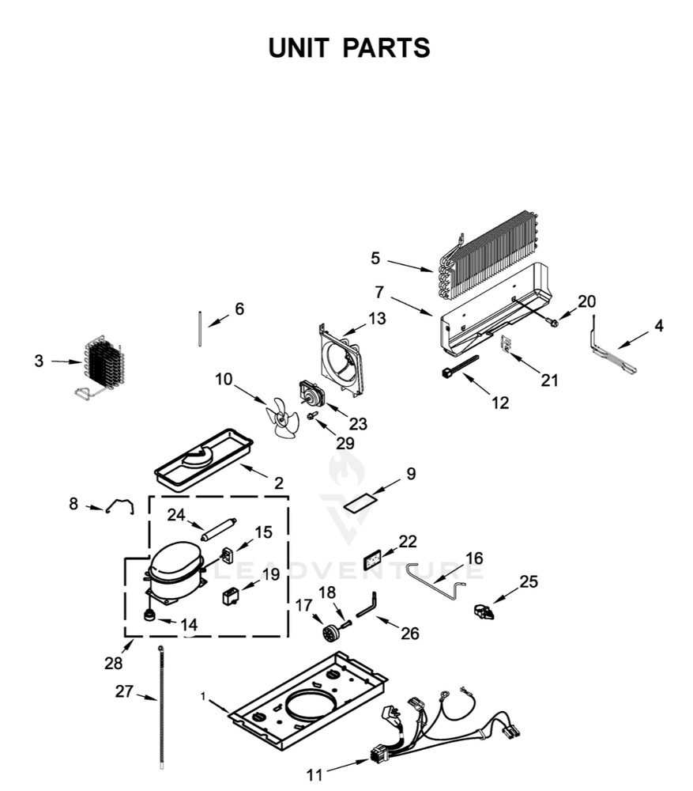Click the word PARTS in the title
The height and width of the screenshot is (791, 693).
[386, 48]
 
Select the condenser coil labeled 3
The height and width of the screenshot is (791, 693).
[101, 364]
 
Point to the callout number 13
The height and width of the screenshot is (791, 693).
[376, 318]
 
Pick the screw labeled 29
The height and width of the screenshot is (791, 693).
[311, 416]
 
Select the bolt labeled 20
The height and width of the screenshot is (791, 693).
[552, 321]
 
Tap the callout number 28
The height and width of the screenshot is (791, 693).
[114, 663]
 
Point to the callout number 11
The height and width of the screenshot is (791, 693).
[314, 775]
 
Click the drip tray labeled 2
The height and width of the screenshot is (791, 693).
[204, 460]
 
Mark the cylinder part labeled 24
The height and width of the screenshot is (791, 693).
[218, 530]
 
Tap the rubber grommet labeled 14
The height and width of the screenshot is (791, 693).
[149, 616]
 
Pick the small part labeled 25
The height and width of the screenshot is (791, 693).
[484, 611]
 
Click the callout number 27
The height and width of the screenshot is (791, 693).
[124, 691]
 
